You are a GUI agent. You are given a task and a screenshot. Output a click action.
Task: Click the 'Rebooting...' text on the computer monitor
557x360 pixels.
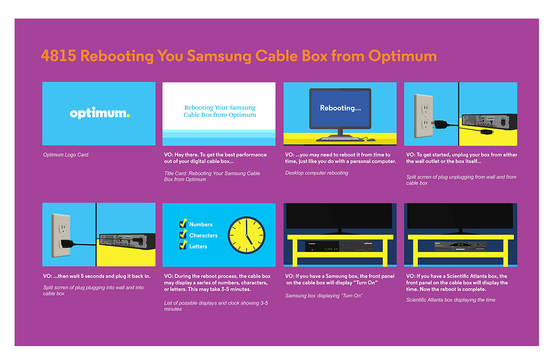[340, 108]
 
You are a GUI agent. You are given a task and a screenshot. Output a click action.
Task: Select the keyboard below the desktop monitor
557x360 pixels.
[340, 139]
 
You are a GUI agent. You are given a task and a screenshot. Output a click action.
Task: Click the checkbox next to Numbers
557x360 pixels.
[183, 224]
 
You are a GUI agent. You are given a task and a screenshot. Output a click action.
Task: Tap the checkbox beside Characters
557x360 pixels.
[183, 235]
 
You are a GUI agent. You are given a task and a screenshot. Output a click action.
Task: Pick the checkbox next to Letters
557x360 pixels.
[183, 246]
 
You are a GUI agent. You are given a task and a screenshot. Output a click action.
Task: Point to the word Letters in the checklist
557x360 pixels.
[198, 246]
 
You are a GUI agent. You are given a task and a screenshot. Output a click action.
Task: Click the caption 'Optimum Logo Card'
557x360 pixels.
[65, 155]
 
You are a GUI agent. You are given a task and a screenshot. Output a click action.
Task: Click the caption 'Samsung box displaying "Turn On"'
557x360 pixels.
[324, 296]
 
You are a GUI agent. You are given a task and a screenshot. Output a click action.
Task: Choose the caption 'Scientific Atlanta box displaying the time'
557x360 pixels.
[451, 300]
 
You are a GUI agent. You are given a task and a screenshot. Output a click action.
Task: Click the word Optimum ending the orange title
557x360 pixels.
[402, 56]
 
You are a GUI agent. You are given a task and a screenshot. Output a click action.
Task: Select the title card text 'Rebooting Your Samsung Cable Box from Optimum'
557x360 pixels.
[220, 111]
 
